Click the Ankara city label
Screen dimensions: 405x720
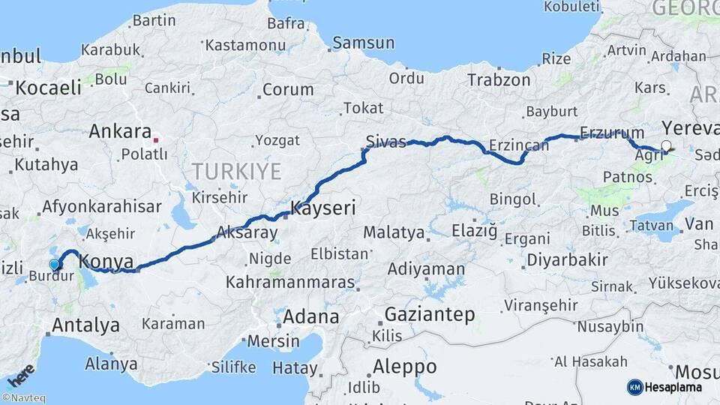coord(120,131)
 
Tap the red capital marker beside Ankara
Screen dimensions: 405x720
coord(155,139)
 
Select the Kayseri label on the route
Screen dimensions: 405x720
coord(322,208)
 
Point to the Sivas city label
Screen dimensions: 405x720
coord(386,140)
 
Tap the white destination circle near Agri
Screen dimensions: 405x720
coord(666,145)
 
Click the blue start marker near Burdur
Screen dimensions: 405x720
coord(54,264)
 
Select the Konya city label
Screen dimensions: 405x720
coord(106,262)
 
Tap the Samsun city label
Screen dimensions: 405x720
coord(363,43)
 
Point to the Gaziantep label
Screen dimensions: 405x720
coord(429,314)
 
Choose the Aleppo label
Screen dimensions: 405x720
coord(404,367)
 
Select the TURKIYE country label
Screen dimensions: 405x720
coord(236,171)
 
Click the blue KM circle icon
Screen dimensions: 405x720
coord(634,387)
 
